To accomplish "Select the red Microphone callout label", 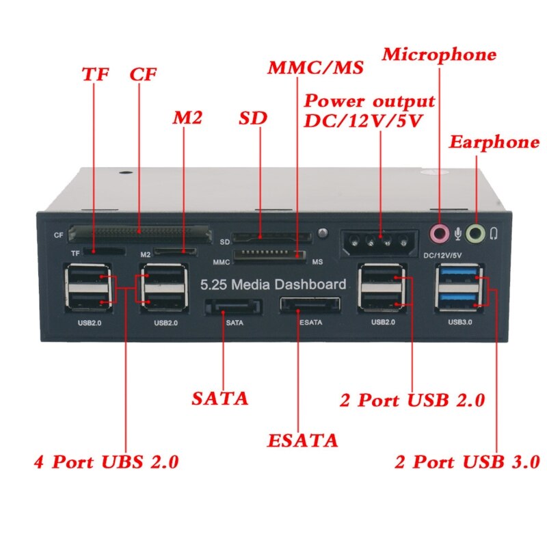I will point(439,55).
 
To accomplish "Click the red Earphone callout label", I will point(494,142).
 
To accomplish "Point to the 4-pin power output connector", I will point(377,241).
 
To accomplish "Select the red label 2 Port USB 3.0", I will point(468,461).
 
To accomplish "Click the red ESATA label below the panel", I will point(303,440).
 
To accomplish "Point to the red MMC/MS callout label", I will point(315,69).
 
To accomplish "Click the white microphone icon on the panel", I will point(457,234).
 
